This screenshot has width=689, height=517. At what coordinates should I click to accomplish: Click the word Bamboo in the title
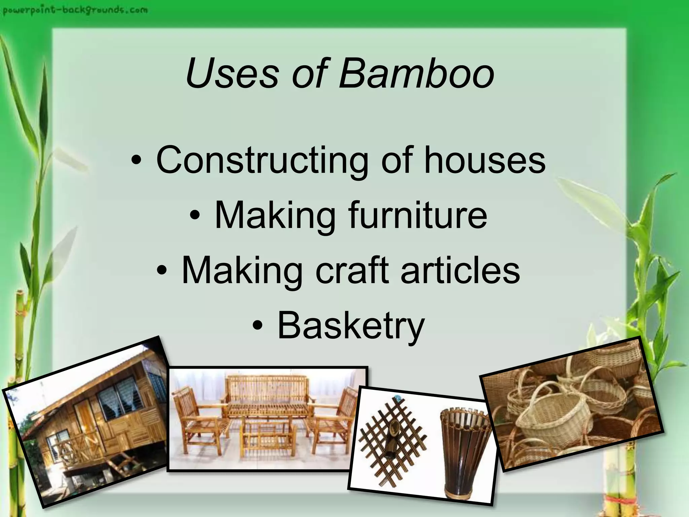click(x=416, y=73)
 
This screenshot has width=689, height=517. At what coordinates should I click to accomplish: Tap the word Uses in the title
click(x=232, y=73)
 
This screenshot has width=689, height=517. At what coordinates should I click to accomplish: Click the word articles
click(x=460, y=270)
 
